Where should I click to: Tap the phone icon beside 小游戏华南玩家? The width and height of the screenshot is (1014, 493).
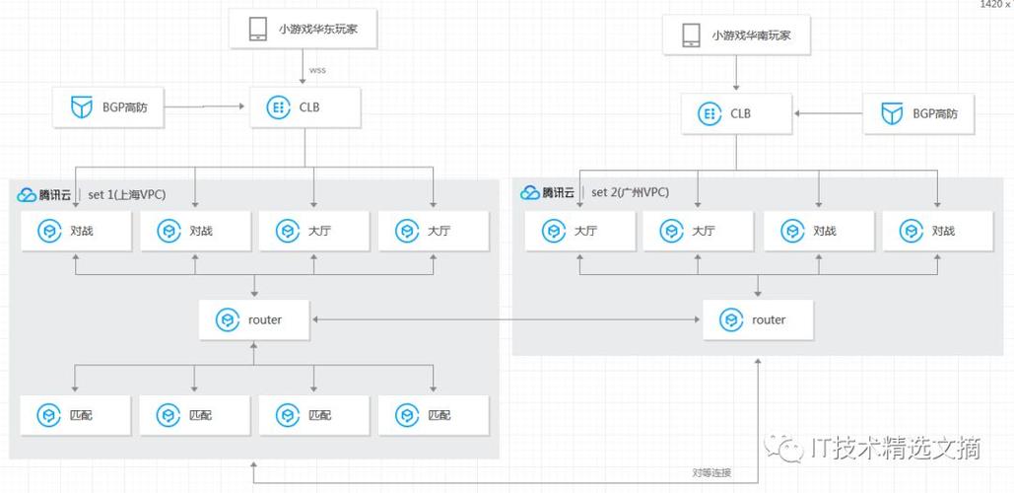point(690,36)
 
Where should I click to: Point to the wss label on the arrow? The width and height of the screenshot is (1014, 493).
point(317,70)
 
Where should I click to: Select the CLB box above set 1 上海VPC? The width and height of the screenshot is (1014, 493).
point(304,107)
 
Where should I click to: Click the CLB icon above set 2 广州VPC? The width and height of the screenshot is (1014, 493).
point(709,114)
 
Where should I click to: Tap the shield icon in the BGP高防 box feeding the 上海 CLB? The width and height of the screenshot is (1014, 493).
point(81,107)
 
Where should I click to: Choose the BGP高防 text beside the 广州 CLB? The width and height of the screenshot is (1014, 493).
point(934,114)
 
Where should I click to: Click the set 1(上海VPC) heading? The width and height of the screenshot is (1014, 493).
point(127,194)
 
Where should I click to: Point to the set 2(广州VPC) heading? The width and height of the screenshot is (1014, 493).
point(630,192)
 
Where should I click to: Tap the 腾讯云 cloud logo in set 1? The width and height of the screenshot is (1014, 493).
point(28,195)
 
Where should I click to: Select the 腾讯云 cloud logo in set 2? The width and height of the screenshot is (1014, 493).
point(530,193)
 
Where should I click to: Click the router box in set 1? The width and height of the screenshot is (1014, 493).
point(254,319)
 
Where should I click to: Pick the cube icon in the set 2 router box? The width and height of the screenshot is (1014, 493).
point(731,319)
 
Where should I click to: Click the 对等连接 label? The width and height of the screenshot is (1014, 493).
point(711,472)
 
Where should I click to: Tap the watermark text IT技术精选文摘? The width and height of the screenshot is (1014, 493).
point(895,449)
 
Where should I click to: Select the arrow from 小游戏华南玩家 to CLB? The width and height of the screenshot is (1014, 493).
point(736,74)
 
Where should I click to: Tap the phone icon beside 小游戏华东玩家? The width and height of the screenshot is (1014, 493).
point(258,29)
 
